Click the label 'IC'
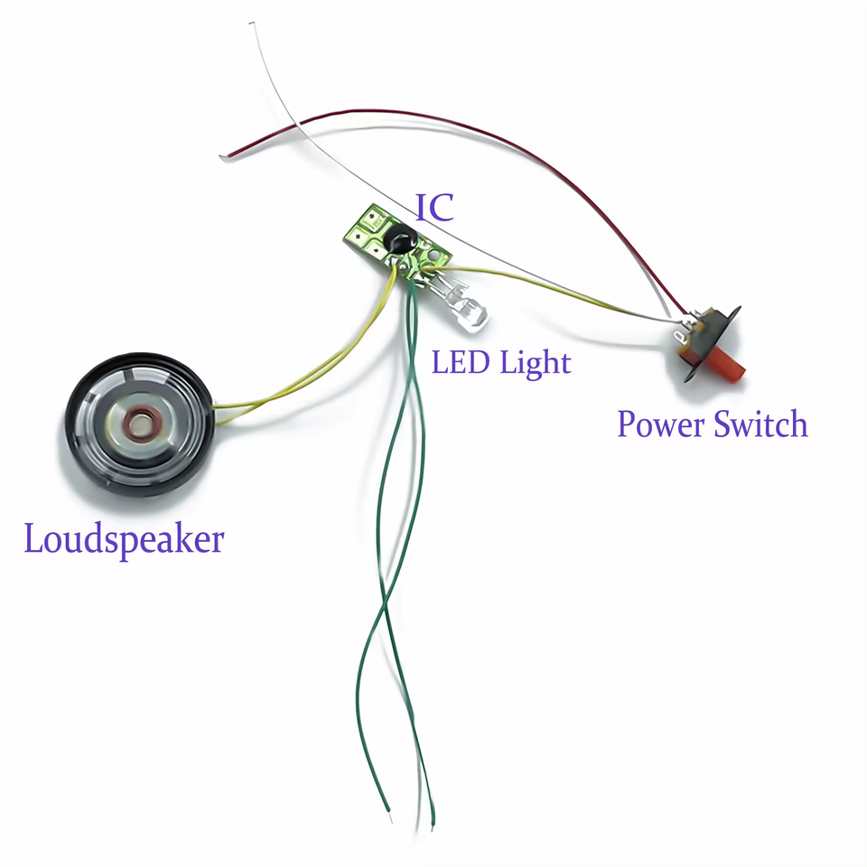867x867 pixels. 433,208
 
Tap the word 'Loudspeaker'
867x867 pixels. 124,540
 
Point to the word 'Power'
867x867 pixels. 660,424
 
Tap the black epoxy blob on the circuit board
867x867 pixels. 397,240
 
